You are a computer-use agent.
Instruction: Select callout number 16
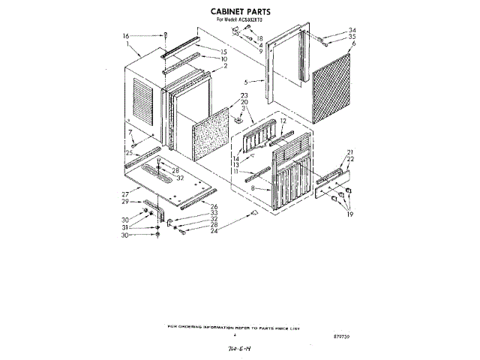[x=126, y=36]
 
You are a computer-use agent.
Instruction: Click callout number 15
[x=223, y=51]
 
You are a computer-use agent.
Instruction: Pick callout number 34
[x=352, y=30]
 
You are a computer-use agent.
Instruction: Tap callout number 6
[x=352, y=43]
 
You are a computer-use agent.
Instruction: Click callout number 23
[x=244, y=95]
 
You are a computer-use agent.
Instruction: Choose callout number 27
[x=125, y=193]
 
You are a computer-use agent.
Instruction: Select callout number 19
[x=349, y=215]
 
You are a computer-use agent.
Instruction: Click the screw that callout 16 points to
[x=163, y=35]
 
